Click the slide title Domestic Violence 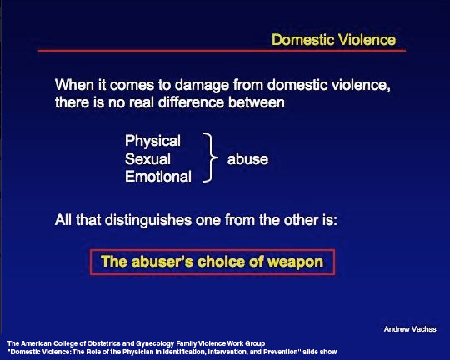pyautogui.click(x=334, y=39)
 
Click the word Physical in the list pyautogui.click(x=152, y=141)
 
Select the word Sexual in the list pyautogui.click(x=147, y=159)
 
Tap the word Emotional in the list pyautogui.click(x=158, y=177)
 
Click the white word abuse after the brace pyautogui.click(x=247, y=159)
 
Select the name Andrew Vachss pyautogui.click(x=410, y=329)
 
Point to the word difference pyautogui.click(x=191, y=102)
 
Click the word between pyautogui.click(x=257, y=102)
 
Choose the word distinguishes pyautogui.click(x=148, y=221)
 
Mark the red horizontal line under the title pyautogui.click(x=222, y=51)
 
